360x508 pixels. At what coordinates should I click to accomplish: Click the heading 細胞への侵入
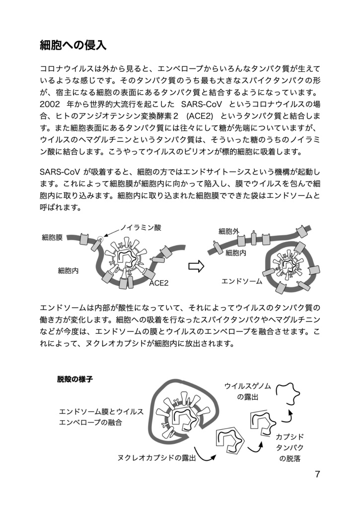point(73,46)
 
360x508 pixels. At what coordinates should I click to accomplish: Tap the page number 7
point(317,474)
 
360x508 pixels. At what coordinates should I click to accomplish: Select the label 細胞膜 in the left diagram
point(52,238)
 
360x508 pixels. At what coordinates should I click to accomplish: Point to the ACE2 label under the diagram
point(159,283)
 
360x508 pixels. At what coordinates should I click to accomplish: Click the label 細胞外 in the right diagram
point(229,231)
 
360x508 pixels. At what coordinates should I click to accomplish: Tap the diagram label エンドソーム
point(241,281)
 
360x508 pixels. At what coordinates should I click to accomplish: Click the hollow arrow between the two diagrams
point(196,266)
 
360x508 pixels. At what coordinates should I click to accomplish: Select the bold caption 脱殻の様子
point(75,380)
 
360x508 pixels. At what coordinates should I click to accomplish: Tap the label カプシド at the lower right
point(289,437)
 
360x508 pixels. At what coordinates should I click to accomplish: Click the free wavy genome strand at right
point(288,392)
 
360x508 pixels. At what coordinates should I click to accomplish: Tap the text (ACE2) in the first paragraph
point(199,117)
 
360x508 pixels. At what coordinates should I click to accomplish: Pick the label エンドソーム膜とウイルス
point(101,412)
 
